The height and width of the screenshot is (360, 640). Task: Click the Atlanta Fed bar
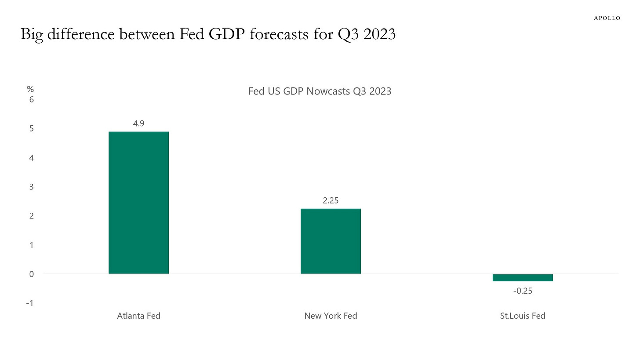[138, 203]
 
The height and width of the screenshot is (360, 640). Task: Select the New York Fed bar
[331, 241]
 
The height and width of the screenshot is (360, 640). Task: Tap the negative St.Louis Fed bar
[523, 277]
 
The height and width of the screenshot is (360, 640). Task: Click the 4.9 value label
[139, 124]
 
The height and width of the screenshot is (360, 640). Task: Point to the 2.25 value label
[331, 200]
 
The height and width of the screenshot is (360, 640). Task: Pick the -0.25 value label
[523, 290]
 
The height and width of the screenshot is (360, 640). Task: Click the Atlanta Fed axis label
[138, 316]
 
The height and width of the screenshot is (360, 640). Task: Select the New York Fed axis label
[331, 316]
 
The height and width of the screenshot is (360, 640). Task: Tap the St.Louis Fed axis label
[523, 316]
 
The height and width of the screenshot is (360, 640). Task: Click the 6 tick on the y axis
[32, 99]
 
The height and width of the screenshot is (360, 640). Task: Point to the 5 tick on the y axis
[32, 128]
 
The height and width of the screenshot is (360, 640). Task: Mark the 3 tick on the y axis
[32, 187]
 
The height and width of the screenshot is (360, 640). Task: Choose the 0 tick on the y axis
[32, 274]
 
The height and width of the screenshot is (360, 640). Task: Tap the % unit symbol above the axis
[30, 89]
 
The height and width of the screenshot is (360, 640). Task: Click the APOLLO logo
[607, 18]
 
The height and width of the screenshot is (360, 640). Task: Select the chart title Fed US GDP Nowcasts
[320, 92]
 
